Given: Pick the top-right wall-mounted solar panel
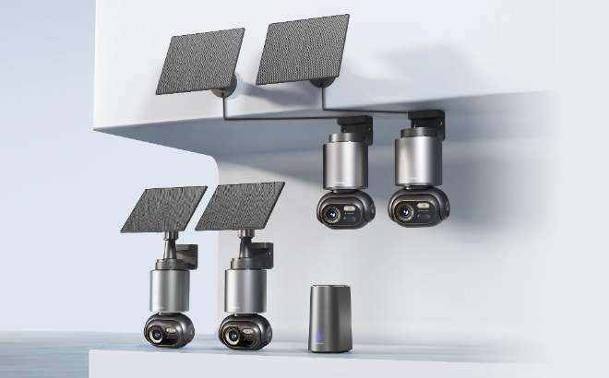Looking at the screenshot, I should coord(301,48).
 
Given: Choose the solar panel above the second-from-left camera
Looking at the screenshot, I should coord(240,206).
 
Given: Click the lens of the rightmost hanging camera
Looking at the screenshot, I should coord(403,210).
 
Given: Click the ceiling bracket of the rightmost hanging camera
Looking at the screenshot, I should coord(425,123).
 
